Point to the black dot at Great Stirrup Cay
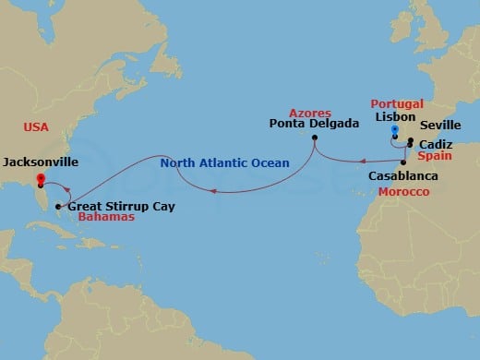coord(58,206)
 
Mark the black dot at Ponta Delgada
coord(315,138)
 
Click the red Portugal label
coord(397,103)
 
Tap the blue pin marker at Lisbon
coord(395,133)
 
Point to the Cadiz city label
coord(434,146)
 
